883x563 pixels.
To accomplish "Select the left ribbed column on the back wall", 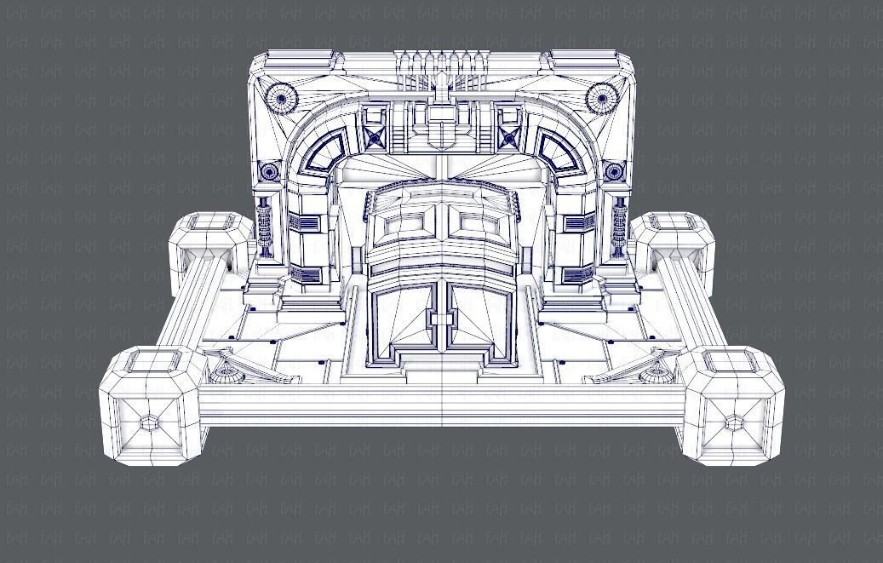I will (x=265, y=227).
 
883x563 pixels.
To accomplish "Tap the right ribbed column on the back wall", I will (x=619, y=227).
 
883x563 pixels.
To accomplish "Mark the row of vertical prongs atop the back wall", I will (x=442, y=68).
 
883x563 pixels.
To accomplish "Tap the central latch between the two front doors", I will (x=442, y=320).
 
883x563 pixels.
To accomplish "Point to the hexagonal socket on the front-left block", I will (x=149, y=423).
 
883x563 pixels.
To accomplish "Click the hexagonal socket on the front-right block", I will (x=734, y=423).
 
